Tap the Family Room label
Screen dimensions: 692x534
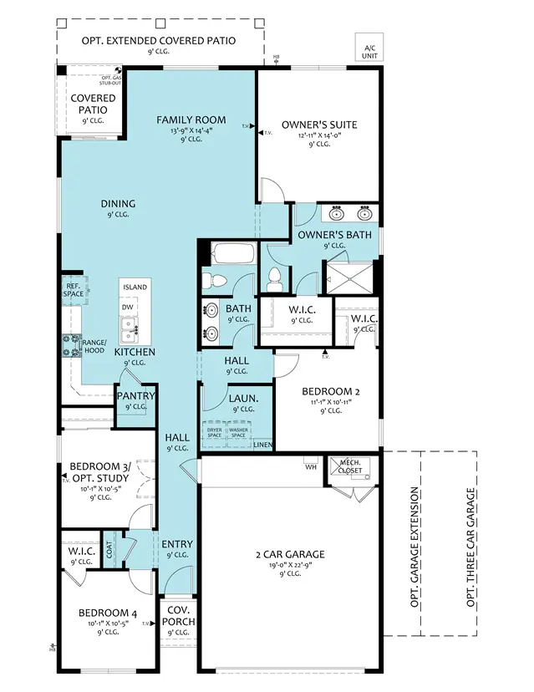[x=191, y=120]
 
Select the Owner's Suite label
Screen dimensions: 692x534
[x=318, y=125]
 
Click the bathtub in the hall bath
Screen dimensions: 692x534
[x=228, y=253]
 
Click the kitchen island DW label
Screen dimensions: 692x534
[x=128, y=308]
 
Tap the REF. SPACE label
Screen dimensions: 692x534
[x=73, y=289]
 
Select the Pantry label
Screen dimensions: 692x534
[x=135, y=396]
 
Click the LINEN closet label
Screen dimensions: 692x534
[x=262, y=445]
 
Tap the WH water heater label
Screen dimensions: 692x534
[x=310, y=466]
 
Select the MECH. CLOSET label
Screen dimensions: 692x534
[x=349, y=466]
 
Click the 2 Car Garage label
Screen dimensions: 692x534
[x=290, y=554]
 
